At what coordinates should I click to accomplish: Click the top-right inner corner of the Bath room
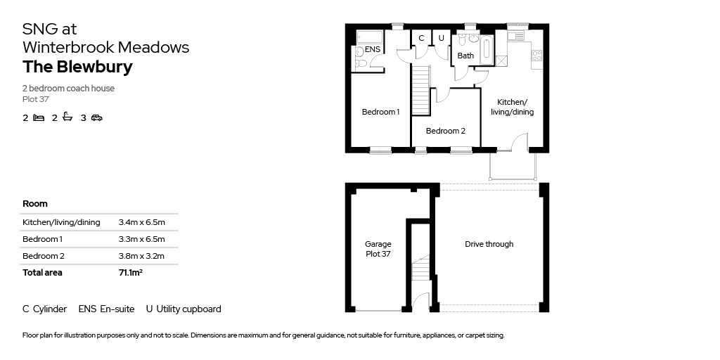click(x=494, y=31)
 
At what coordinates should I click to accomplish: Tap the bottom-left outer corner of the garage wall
click(x=346, y=312)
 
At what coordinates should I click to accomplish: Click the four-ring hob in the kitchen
click(x=536, y=56)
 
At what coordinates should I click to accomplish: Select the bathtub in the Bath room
click(x=487, y=51)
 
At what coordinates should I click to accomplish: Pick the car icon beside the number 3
click(x=96, y=118)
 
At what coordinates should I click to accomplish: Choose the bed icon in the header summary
click(x=39, y=118)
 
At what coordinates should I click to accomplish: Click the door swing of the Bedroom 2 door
click(x=443, y=96)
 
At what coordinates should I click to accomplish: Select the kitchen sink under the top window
click(x=515, y=35)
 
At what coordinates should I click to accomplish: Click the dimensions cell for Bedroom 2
click(x=141, y=256)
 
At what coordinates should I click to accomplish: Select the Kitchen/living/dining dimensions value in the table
click(x=141, y=223)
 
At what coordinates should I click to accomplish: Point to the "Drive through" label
click(x=489, y=244)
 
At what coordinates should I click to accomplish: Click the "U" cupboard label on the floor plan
click(x=442, y=38)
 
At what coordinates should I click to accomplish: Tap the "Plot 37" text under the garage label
click(x=378, y=253)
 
